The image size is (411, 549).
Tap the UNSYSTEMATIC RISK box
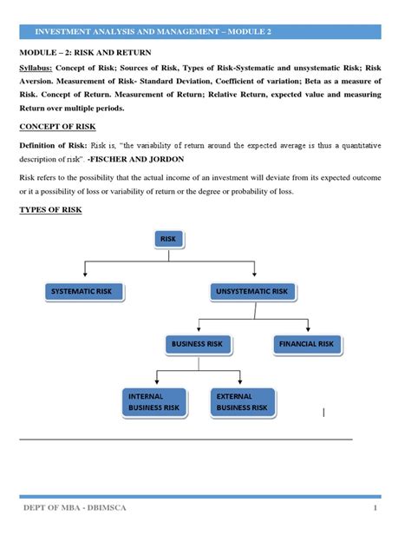coord(251,291)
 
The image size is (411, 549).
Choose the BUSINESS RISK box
coord(198,344)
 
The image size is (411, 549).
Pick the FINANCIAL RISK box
coord(306,344)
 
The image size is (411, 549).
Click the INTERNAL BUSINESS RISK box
coord(153,400)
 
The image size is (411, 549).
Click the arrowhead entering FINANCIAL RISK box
coord(306,332)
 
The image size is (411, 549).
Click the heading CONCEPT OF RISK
coord(57,127)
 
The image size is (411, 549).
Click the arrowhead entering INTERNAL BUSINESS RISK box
coord(154,384)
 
